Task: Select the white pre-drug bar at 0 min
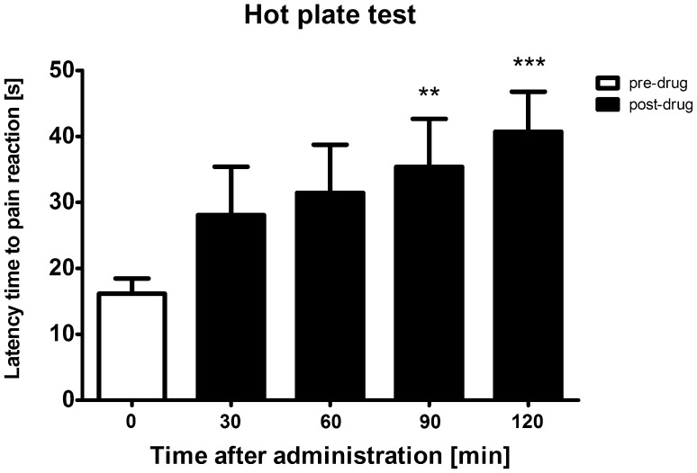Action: point(131,346)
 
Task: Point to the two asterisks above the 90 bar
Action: point(429,93)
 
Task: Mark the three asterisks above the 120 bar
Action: point(528,65)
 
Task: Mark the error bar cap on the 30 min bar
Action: point(231,166)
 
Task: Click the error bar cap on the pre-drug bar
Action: point(131,279)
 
